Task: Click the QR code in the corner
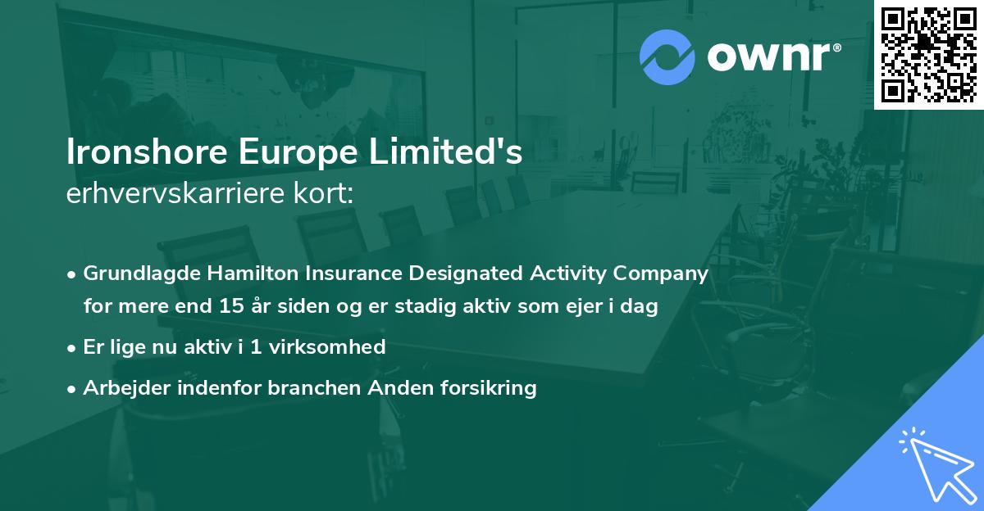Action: [x=928, y=55]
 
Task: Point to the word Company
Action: [x=667, y=273]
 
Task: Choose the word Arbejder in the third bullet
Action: [x=120, y=387]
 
